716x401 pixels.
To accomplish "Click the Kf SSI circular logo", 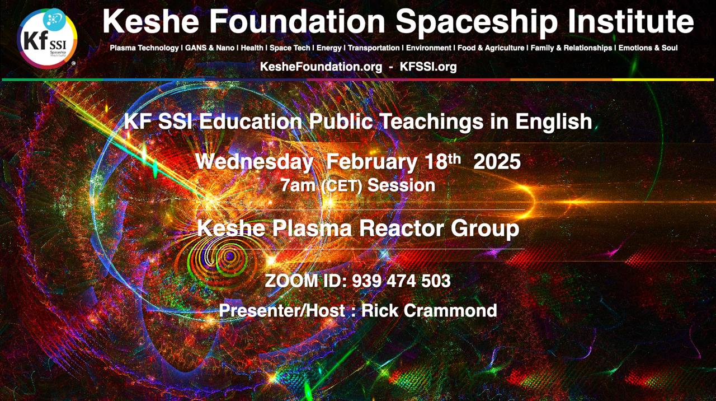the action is pos(47,39).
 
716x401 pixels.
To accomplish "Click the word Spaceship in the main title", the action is pos(477,22).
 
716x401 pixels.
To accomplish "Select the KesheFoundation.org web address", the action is pos(321,67).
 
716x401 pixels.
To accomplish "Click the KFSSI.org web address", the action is pos(428,67).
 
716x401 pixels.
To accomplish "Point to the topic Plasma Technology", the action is pos(144,48).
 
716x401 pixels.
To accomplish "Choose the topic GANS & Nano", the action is pos(210,48).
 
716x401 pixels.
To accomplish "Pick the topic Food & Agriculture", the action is pos(491,48).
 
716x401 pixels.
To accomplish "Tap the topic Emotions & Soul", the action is pos(648,48).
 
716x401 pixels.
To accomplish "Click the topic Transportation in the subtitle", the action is pos(374,48).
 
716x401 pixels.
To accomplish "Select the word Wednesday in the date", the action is pos(254,162).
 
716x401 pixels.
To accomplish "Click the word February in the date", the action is pos(371,162).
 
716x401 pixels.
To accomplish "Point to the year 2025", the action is pos(497,162).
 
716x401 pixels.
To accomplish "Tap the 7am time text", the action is pos(298,185).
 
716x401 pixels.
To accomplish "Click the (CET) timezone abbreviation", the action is pos(342,186).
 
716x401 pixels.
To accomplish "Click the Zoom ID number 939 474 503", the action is pos(401,281).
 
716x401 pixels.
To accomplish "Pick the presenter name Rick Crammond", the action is pos(429,310).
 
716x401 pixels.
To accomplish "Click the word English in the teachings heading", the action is pos(554,122).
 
